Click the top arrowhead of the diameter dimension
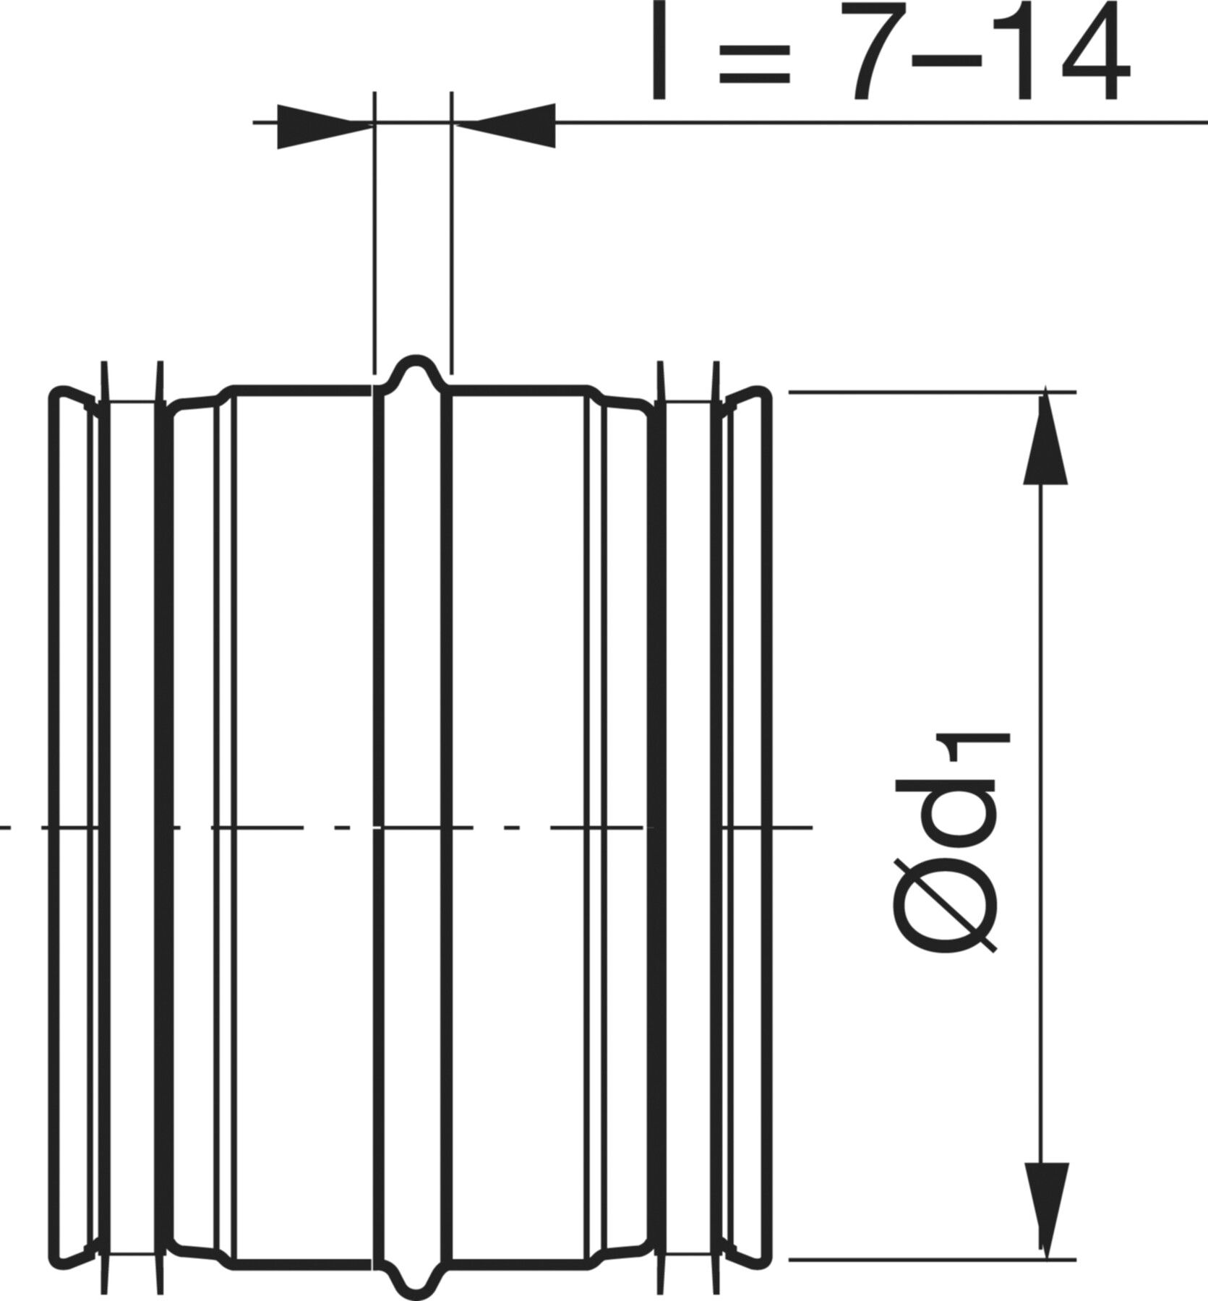1046,438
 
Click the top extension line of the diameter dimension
932,392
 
